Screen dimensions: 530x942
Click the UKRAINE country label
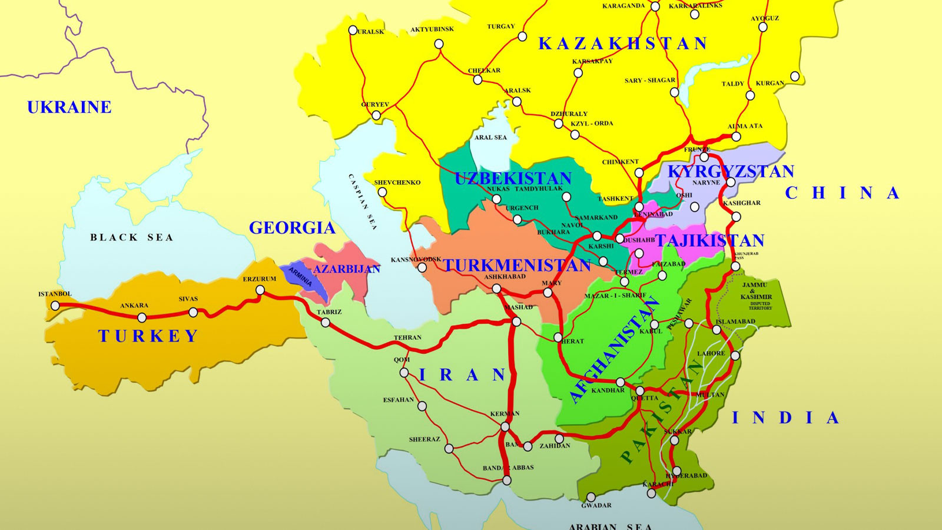(69, 107)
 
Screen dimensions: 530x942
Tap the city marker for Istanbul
(55, 306)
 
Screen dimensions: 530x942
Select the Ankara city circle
(142, 317)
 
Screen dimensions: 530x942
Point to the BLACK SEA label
(131, 237)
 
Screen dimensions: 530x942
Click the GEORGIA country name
(292, 228)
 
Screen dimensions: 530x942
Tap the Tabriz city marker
(326, 322)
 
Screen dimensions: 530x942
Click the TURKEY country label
(148, 336)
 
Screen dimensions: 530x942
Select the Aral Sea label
(490, 137)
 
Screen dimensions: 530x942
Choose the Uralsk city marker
(353, 30)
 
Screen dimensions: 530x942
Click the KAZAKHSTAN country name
(623, 44)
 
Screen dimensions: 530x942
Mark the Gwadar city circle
(591, 498)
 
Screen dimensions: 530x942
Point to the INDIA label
(785, 418)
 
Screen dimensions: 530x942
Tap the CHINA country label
(843, 193)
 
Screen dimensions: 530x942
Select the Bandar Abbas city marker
(507, 481)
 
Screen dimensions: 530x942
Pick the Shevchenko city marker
(382, 192)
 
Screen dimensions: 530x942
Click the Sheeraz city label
(424, 439)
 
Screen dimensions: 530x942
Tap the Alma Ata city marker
(736, 137)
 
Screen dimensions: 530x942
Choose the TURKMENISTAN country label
(517, 266)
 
